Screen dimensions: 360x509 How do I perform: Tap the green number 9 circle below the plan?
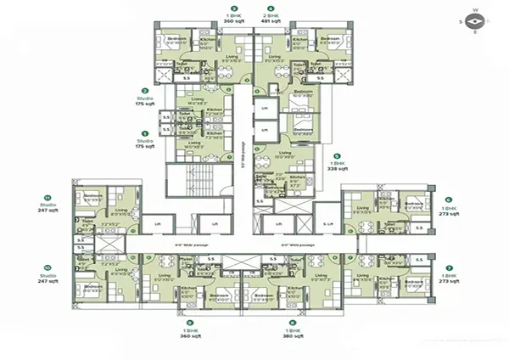[190, 322]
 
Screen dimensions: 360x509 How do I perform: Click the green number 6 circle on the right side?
[449, 200]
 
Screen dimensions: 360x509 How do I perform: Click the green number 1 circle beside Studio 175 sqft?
[145, 133]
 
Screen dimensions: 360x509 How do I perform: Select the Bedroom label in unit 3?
[176, 38]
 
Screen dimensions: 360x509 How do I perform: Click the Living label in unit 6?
[363, 207]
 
